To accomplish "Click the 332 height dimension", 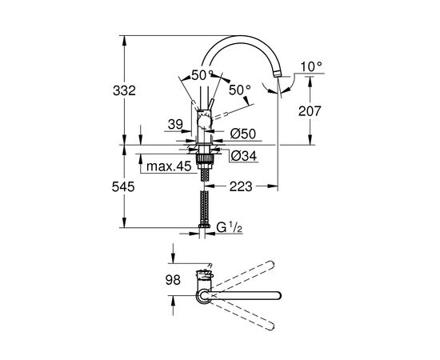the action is (x=124, y=90).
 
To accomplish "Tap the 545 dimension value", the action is (x=123, y=186).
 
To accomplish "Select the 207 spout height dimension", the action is (x=310, y=111).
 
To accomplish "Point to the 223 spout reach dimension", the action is (x=241, y=186).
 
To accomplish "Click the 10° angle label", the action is (x=311, y=66).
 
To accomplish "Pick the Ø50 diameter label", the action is (x=243, y=134).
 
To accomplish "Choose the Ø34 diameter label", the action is (x=244, y=156).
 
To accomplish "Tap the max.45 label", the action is (x=169, y=166).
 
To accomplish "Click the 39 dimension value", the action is (x=175, y=124).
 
